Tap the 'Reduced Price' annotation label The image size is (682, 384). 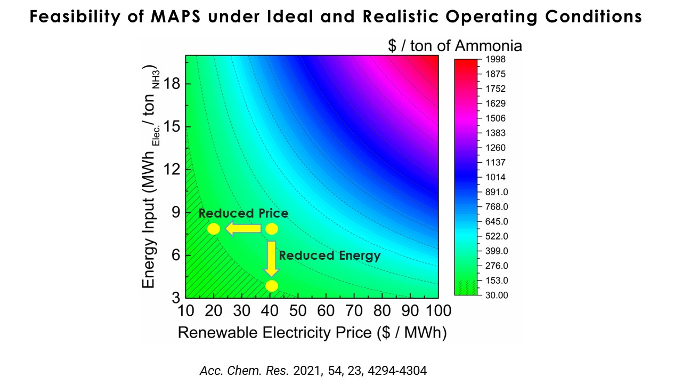coord(243,213)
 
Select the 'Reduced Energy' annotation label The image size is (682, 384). coord(330,255)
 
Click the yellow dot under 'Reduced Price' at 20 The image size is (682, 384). coord(214,229)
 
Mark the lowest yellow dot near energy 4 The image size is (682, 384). coord(272,286)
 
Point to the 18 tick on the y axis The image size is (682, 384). coord(172,84)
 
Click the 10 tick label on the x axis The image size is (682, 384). coord(185,311)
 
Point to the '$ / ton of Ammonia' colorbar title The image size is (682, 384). coord(455,46)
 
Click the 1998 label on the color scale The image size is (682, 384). coord(496,59)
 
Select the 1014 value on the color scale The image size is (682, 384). coord(496,177)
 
